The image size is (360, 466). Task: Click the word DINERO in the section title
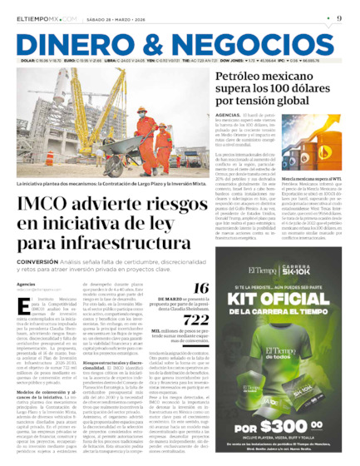pyautogui.click(x=74, y=46)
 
